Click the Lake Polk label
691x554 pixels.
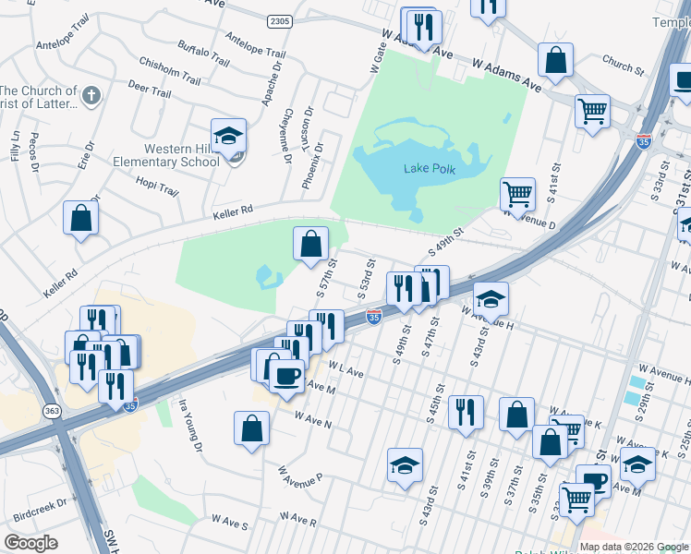[430, 167]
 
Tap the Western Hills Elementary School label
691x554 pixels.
[181, 155]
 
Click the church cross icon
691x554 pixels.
[91, 94]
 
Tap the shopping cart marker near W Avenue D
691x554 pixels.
[517, 195]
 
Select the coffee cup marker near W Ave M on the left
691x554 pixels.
[285, 374]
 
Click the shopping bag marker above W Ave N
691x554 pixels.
[251, 429]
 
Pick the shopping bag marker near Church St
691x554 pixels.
[556, 62]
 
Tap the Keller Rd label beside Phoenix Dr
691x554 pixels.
[233, 212]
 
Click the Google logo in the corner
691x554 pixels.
[30, 543]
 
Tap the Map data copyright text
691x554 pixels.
[633, 547]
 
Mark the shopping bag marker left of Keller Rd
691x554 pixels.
[80, 220]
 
